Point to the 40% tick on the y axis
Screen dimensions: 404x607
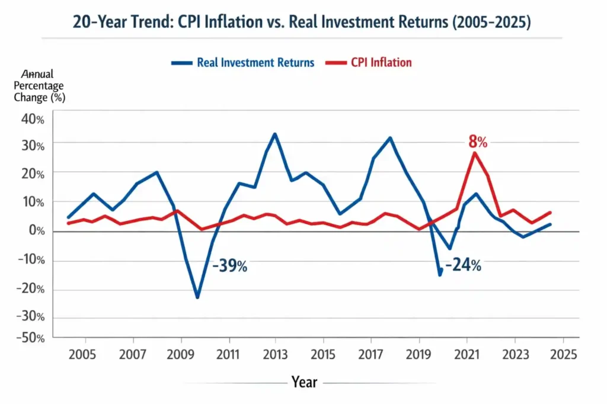[x=33, y=120]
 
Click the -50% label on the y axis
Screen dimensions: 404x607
[x=33, y=338]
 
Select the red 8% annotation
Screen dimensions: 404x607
[x=478, y=142]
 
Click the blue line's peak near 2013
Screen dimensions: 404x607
[x=274, y=134]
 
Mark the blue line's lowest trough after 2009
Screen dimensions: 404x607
[x=197, y=297]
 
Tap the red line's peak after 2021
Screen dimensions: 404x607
[x=474, y=153]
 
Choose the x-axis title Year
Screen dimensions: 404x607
[x=304, y=382]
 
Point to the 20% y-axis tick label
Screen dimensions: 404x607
[x=33, y=174]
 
